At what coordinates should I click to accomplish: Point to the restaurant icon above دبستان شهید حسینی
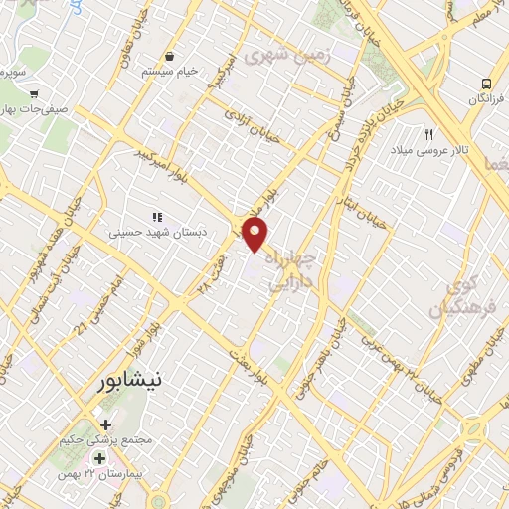click(x=155, y=216)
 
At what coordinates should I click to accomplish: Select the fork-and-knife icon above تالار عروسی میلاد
click(x=429, y=133)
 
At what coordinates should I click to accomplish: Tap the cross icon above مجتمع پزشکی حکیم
click(x=105, y=424)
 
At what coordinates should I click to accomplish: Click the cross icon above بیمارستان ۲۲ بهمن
click(x=98, y=459)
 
